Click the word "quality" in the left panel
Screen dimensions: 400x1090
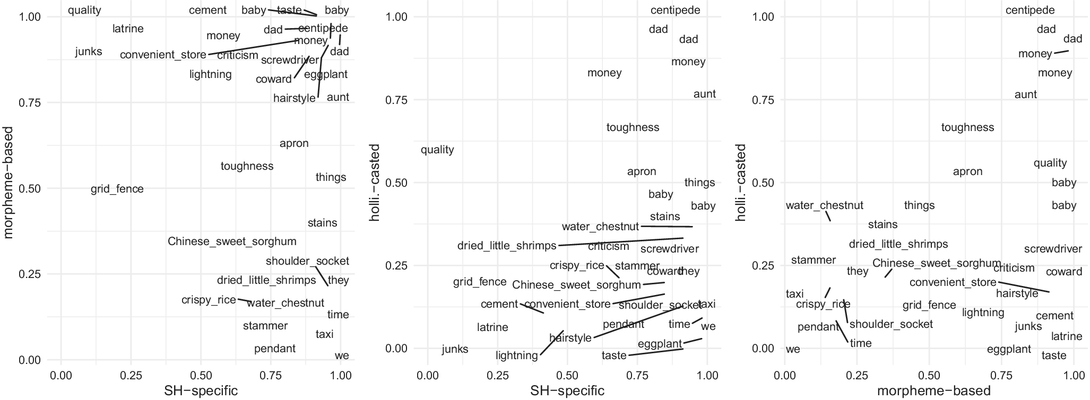pos(84,10)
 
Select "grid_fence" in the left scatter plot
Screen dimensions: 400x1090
pos(117,189)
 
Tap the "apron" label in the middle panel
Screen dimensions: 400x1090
pos(642,172)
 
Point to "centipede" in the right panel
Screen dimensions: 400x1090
pos(1030,10)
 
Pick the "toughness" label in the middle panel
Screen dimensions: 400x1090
pos(633,127)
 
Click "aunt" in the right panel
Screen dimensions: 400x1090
pos(1025,94)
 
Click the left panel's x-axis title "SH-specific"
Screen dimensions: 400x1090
pos(201,391)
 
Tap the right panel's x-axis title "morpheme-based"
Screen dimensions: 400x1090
pos(933,391)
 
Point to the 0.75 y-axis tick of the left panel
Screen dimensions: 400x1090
pos(30,103)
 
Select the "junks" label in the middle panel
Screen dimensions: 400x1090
pos(455,349)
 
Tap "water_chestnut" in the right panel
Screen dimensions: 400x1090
pos(824,205)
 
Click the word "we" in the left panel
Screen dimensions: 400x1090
pos(342,355)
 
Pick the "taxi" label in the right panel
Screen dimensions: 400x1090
pos(794,294)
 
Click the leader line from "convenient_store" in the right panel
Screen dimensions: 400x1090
pos(1024,287)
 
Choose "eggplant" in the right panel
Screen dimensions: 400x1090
pos(1009,349)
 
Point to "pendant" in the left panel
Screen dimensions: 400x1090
pos(274,349)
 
